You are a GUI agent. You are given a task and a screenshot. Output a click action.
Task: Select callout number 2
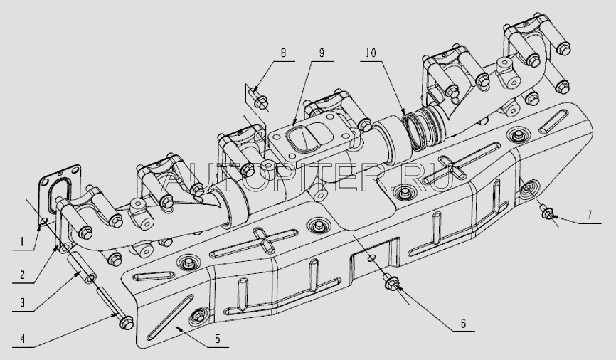point(22,275)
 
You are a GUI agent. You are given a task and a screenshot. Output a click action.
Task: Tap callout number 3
point(22,302)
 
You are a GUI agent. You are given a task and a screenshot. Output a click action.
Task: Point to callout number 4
point(22,339)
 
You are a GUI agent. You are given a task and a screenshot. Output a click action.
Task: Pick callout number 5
point(217,339)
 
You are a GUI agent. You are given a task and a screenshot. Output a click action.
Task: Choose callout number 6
point(463,324)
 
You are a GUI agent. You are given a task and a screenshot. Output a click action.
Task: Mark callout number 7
point(589,215)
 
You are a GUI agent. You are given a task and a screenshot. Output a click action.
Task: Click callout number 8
point(283,52)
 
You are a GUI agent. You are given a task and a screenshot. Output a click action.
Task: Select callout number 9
point(322,52)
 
